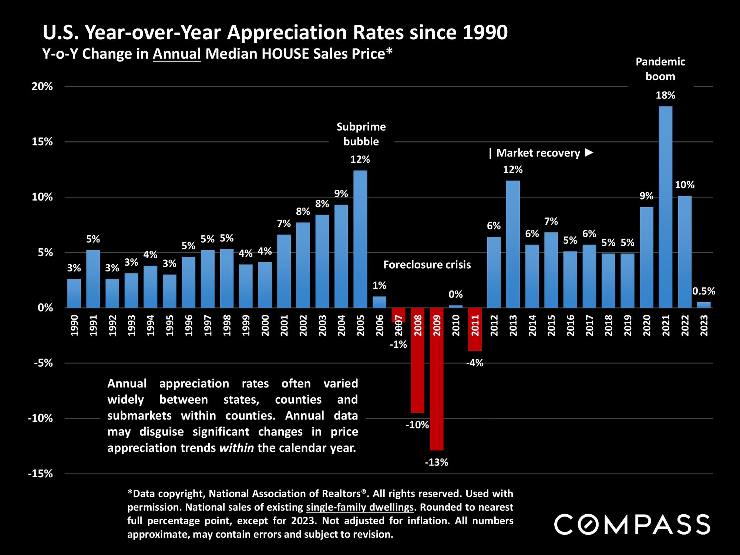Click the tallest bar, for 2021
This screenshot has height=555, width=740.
click(x=665, y=207)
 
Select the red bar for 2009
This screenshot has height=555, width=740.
click(x=437, y=379)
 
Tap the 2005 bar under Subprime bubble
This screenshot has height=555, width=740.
click(x=360, y=239)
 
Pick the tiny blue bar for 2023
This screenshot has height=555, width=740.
click(x=704, y=305)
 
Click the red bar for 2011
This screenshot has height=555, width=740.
click(x=475, y=329)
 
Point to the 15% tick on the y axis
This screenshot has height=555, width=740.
click(x=43, y=142)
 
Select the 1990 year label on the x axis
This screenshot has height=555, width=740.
click(x=74, y=325)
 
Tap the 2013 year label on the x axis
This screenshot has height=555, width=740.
click(x=513, y=325)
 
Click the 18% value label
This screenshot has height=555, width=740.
click(x=665, y=95)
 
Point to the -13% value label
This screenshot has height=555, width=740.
click(x=436, y=462)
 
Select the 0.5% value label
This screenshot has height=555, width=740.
click(x=703, y=291)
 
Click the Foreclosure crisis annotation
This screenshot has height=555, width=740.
click(x=427, y=265)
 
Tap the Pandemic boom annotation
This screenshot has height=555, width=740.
click(x=660, y=69)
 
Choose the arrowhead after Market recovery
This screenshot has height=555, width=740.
click(x=589, y=152)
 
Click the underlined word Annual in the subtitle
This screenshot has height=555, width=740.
click(x=177, y=54)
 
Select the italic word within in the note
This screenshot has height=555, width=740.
click(x=236, y=448)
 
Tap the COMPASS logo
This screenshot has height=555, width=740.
click(x=632, y=524)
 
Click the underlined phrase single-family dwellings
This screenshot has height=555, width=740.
click(x=360, y=507)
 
